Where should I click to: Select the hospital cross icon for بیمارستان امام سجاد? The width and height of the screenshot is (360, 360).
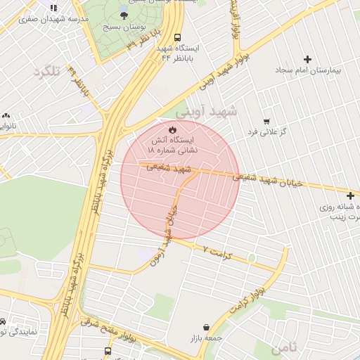[307, 59]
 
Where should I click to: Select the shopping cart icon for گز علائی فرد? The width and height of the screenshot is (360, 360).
[266, 121]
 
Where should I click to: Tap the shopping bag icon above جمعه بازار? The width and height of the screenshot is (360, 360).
[205, 327]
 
